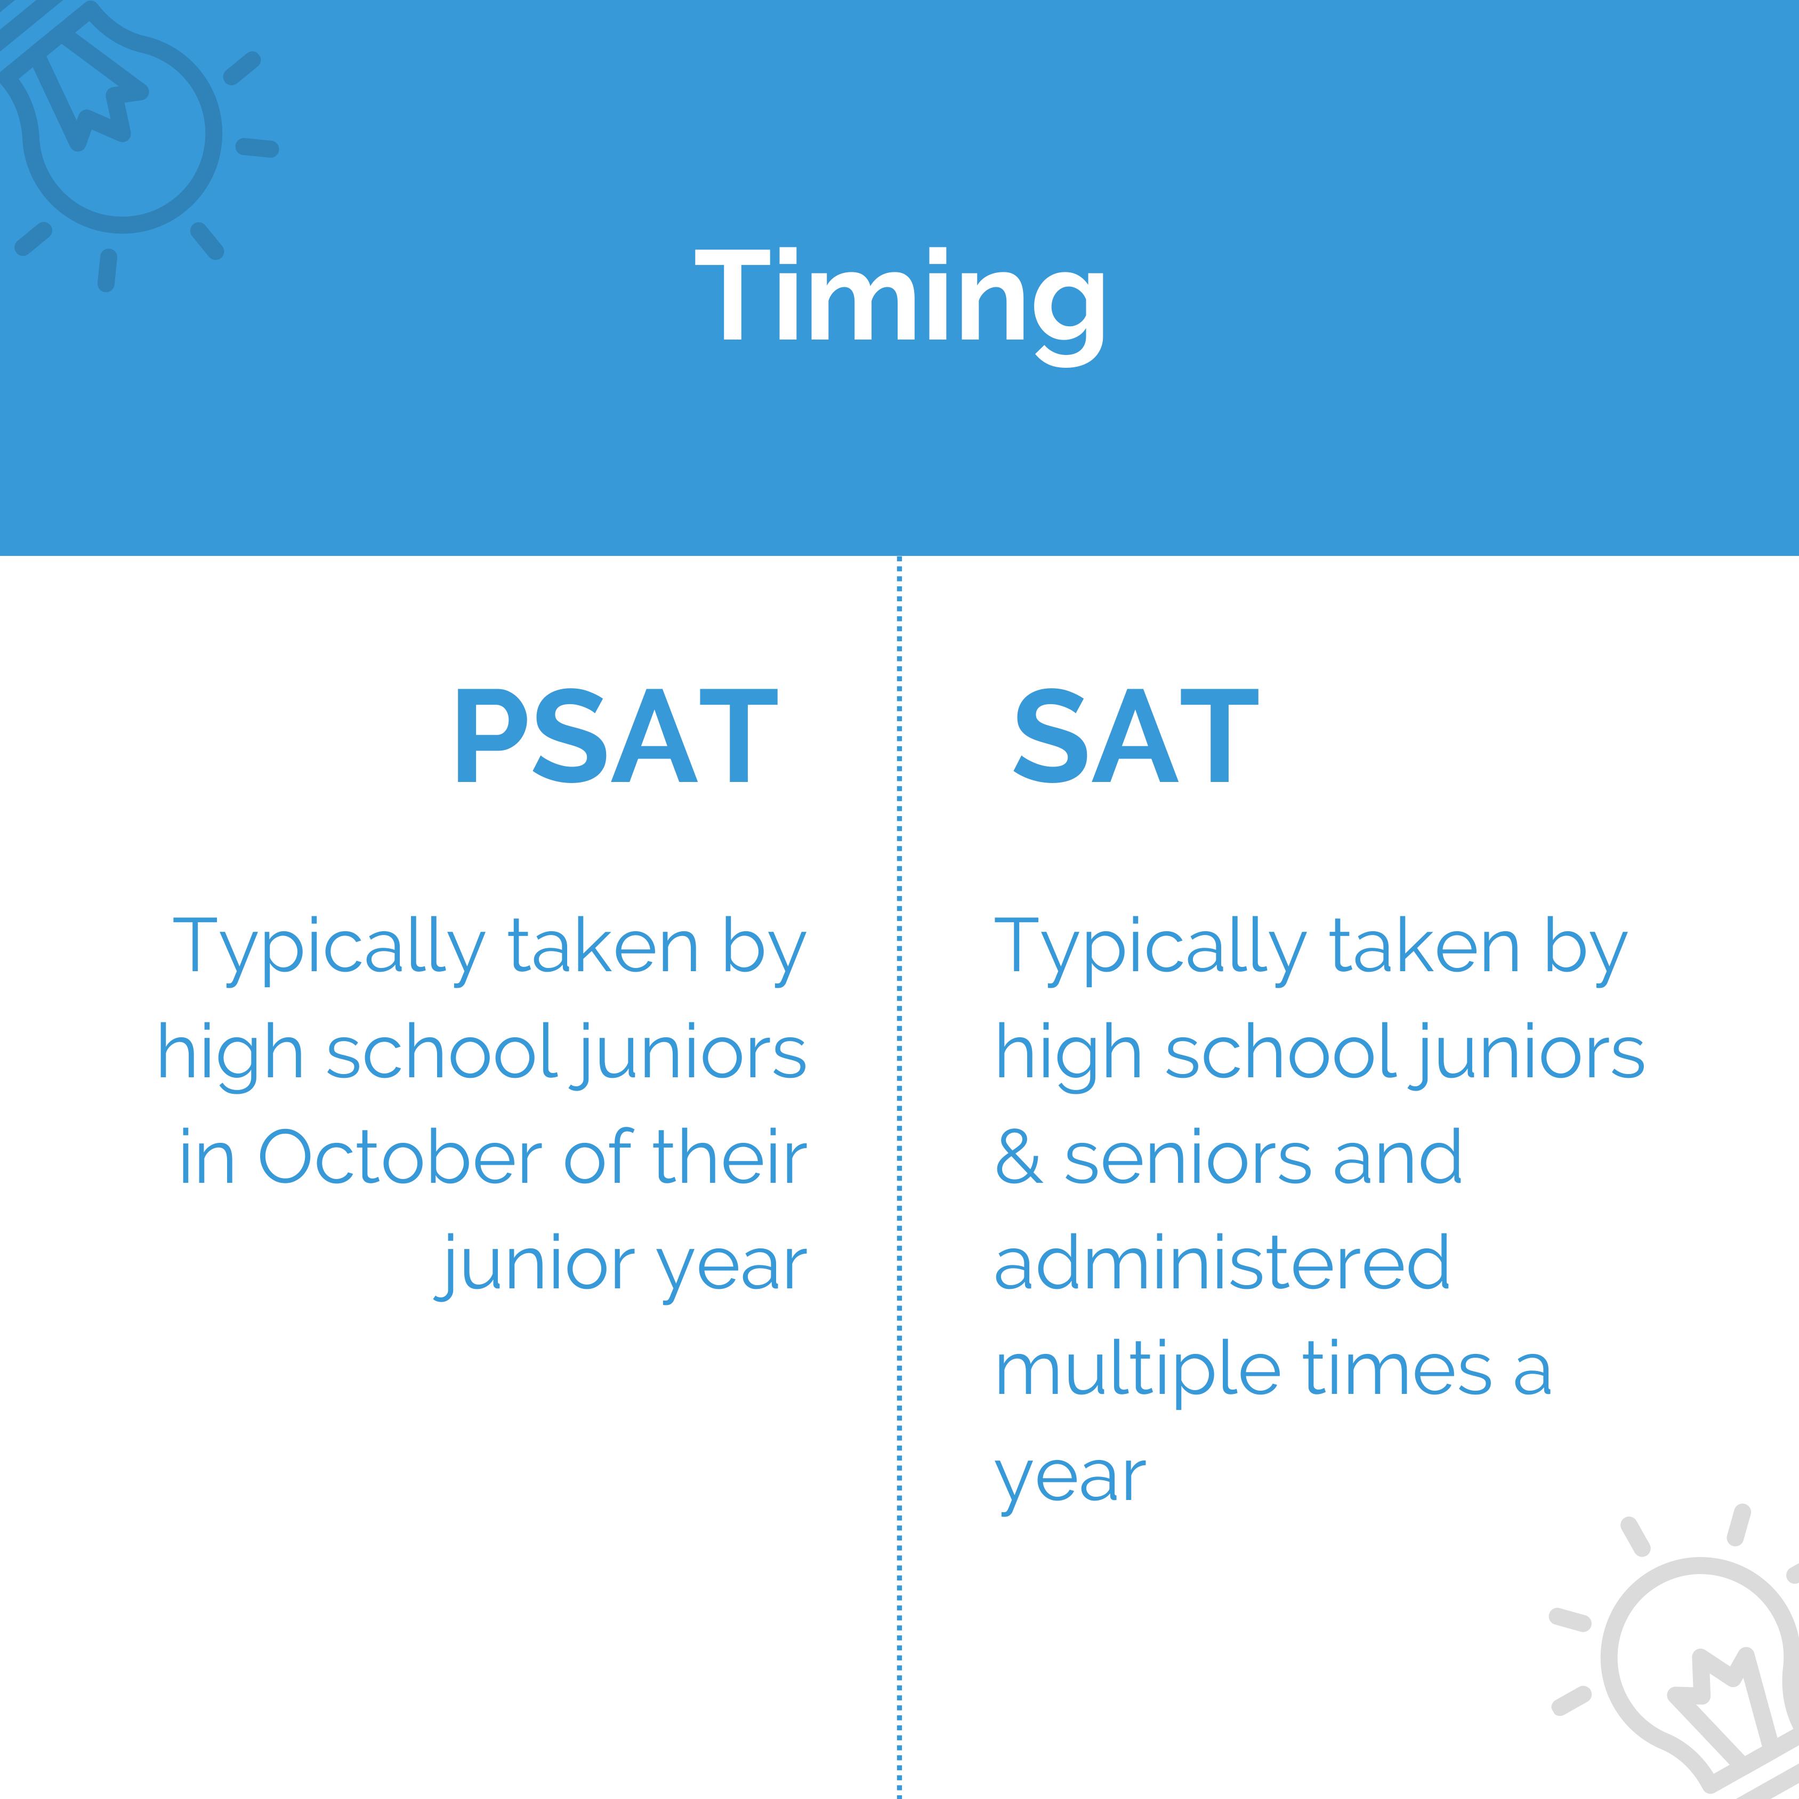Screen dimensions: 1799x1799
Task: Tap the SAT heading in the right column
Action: (x=1135, y=737)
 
